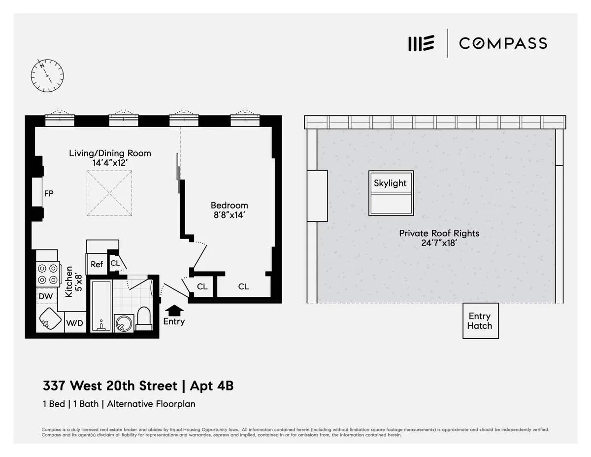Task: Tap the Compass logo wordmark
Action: click(503, 43)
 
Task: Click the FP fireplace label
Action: click(48, 193)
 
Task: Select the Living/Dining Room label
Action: click(110, 153)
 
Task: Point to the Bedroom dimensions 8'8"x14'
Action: click(230, 215)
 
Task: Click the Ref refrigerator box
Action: click(97, 264)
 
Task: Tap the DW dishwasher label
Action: click(46, 297)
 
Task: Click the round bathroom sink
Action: click(122, 323)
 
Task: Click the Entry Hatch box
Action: click(480, 321)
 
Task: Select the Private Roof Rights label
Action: click(439, 233)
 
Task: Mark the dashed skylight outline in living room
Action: click(109, 193)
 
